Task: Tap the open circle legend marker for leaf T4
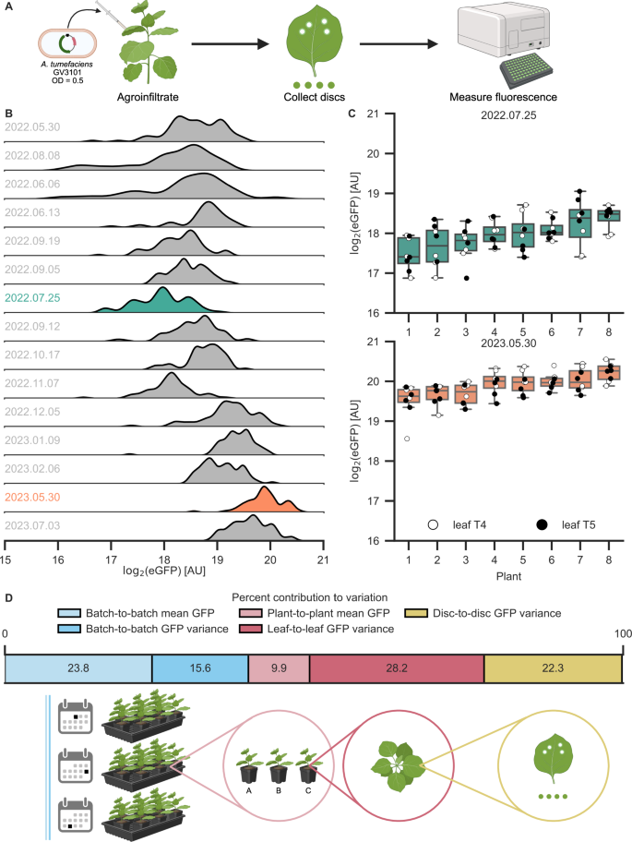433,523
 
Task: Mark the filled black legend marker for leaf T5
542,523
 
